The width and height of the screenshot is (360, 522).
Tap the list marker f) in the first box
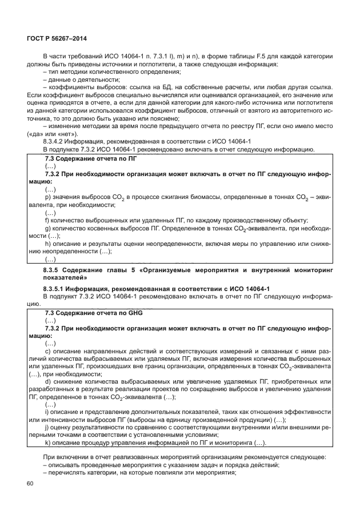[x=46, y=220]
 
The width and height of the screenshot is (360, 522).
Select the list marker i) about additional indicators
[x=46, y=412]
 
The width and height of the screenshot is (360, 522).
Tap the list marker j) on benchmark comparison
[x=46, y=428]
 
